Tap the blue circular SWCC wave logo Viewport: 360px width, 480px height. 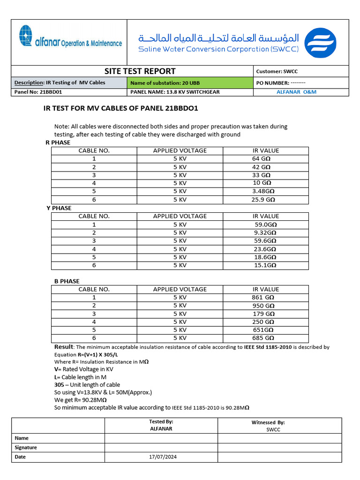tap(320, 43)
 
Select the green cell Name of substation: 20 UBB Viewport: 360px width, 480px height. tap(189, 82)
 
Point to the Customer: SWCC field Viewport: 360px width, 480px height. tap(277, 71)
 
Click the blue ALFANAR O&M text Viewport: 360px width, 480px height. tap(297, 92)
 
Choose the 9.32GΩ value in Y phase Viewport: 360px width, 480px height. tap(265, 232)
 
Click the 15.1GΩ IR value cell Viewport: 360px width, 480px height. tap(265, 265)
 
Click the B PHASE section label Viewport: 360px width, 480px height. tap(67, 281)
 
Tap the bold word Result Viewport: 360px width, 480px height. tap(64, 347)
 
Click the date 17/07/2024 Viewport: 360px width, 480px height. tap(161, 457)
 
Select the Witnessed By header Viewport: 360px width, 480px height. tap(268, 422)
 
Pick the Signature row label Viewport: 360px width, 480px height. tap(26, 447)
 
